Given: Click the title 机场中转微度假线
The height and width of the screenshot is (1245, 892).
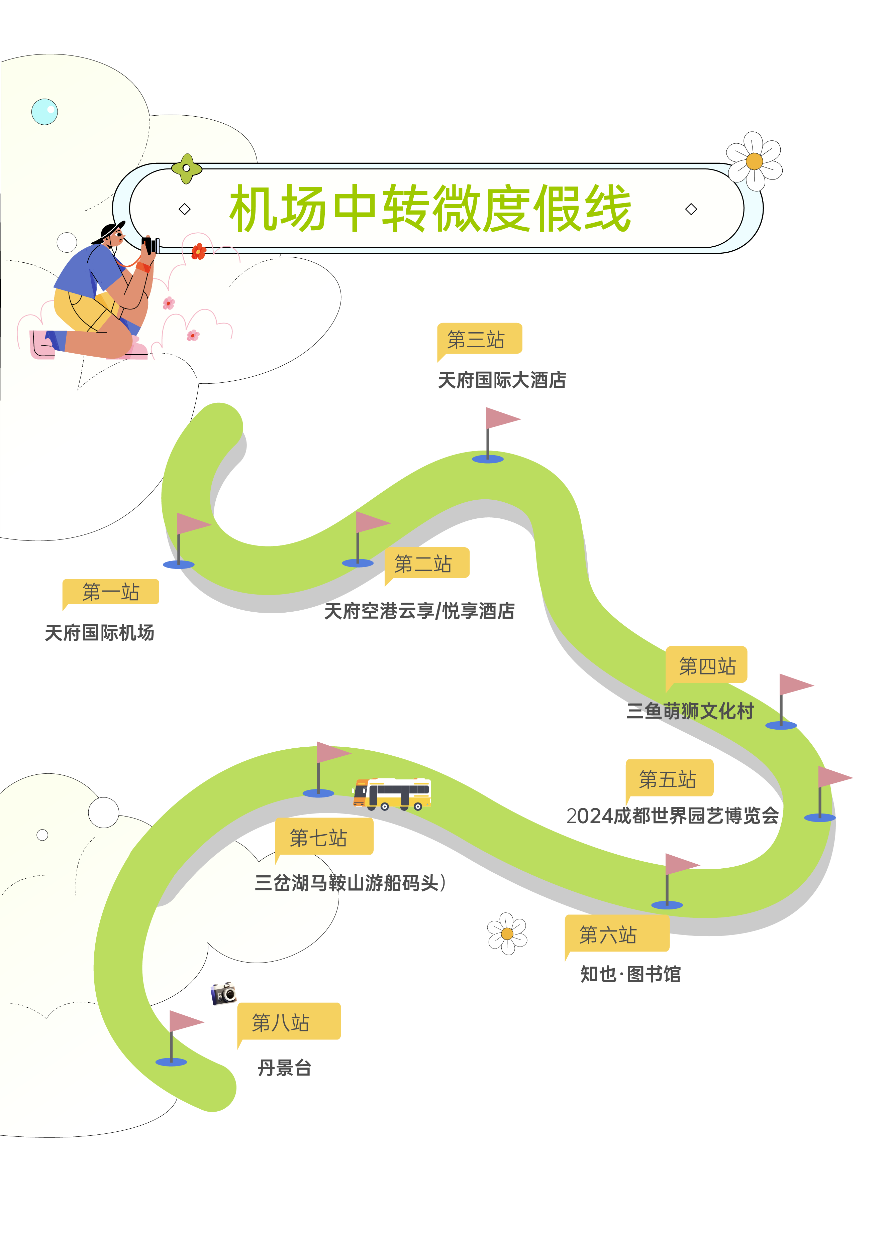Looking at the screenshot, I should point(430,209).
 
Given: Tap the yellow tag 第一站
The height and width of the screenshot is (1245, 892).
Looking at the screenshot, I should point(111,592).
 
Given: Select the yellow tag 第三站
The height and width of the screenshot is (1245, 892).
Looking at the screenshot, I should point(477,339).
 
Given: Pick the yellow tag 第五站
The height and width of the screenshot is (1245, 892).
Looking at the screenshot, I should point(669,779).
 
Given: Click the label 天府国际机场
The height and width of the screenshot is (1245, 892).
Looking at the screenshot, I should point(99,633).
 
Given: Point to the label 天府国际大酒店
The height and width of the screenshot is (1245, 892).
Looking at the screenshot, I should point(501,380).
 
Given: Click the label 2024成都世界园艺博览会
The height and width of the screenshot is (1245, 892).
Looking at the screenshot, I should point(672,816).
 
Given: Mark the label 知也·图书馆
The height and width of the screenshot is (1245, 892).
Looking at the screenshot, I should point(630,974).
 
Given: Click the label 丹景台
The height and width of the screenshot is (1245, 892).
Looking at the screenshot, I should point(285,1068).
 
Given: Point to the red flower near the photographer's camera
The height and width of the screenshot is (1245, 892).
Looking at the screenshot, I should point(198,251).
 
